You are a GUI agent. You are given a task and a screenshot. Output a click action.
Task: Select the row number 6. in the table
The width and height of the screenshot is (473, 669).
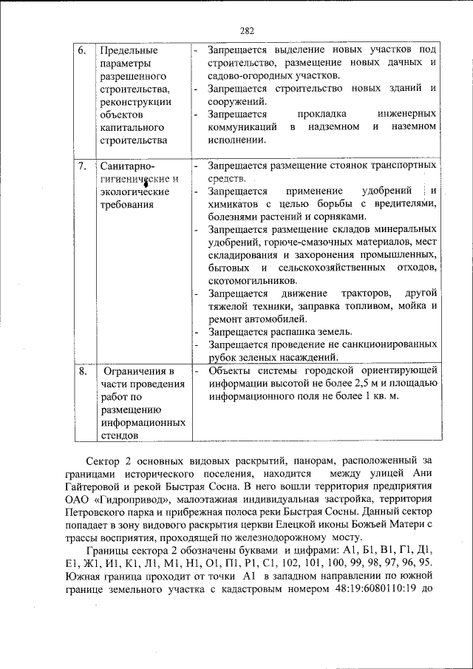point(83,50)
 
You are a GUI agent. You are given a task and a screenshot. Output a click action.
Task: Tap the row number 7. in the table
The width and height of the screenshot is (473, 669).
point(83,166)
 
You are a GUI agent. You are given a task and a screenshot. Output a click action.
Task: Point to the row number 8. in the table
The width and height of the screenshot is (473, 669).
point(83,370)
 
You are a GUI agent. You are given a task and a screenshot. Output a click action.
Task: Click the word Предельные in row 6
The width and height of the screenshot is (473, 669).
point(128,50)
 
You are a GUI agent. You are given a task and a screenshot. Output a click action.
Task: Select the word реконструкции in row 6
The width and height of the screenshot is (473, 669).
point(135,102)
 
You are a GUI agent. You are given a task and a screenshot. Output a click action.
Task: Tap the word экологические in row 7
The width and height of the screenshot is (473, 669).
point(134,191)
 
